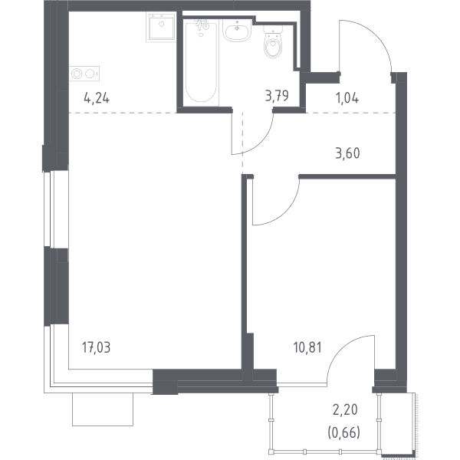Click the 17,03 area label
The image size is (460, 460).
tap(97, 347)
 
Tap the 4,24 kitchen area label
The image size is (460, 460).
tap(97, 97)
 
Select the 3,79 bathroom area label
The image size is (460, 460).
tap(277, 96)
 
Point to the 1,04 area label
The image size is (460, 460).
tap(347, 98)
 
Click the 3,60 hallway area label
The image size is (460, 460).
tap(347, 153)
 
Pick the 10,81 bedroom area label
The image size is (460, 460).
tap(307, 347)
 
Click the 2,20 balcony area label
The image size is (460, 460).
tap(345, 409)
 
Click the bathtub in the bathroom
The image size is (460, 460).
tap(201, 62)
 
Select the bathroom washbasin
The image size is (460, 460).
tap(237, 31)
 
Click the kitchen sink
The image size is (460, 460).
tap(161, 26)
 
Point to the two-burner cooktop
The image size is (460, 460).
tap(84, 74)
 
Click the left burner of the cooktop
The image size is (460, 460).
tap(77, 74)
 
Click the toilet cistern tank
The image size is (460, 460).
tap(273, 30)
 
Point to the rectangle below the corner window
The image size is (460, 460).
tap(103, 409)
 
